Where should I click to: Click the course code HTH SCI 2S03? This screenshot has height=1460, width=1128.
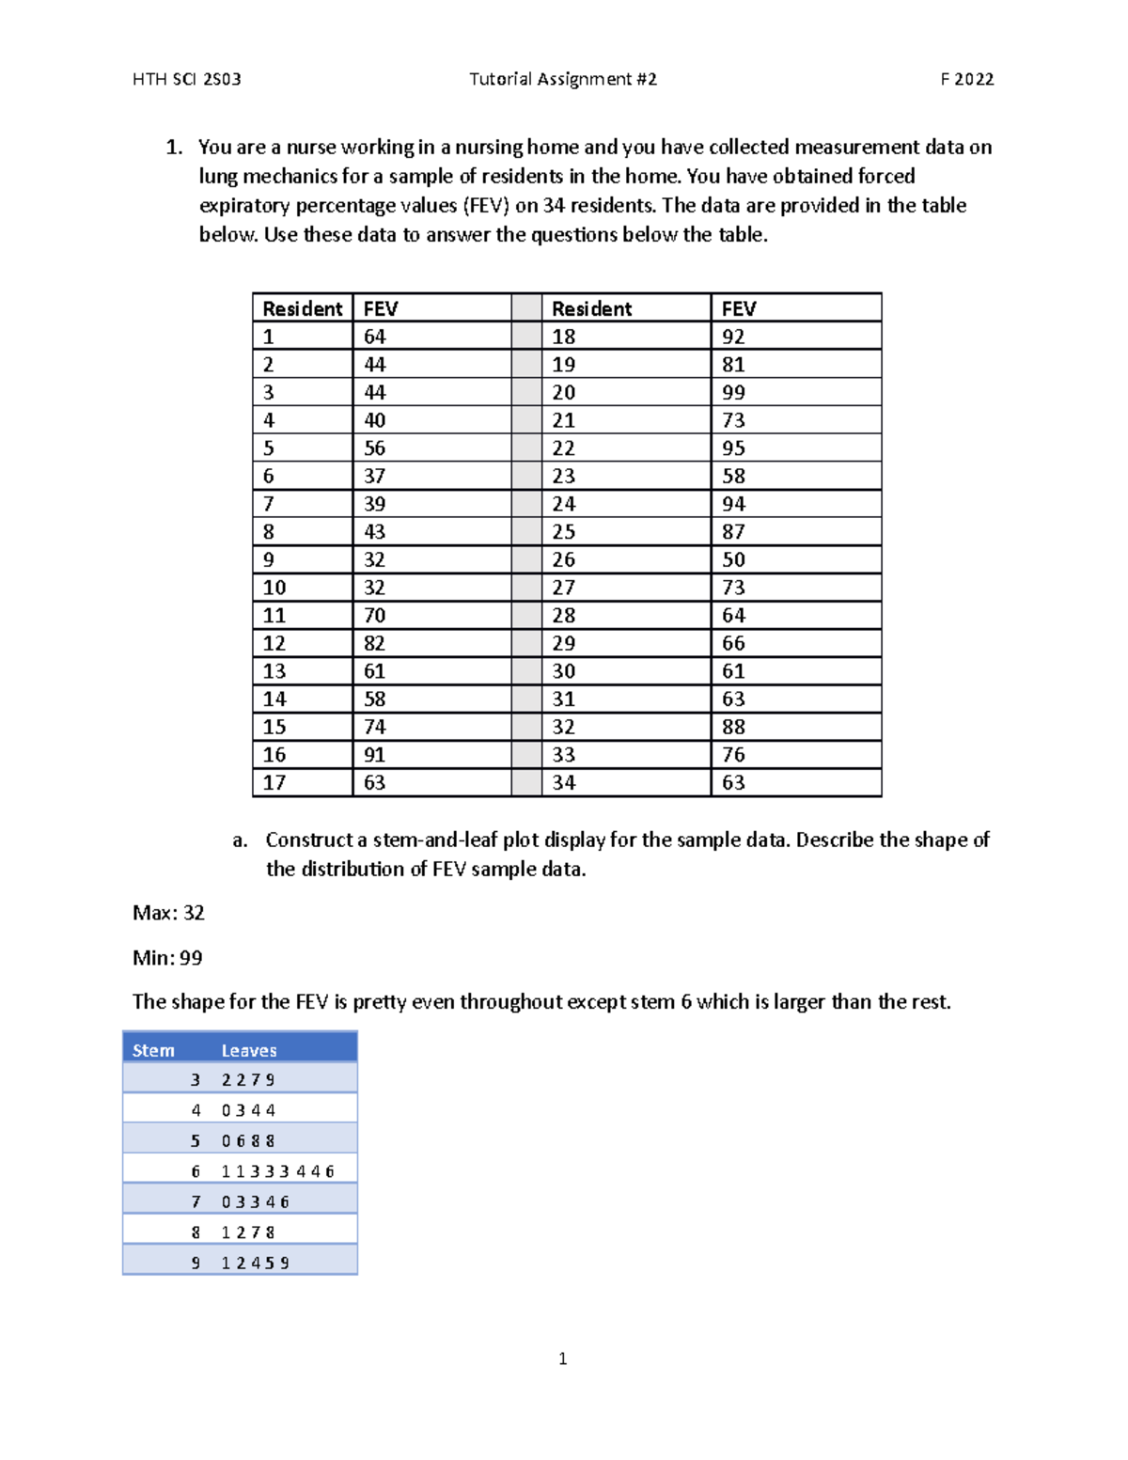[x=187, y=79]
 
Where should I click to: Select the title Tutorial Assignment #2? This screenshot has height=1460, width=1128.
[x=563, y=79]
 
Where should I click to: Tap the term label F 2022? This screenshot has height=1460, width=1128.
[x=966, y=79]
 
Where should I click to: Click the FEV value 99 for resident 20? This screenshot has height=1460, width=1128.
[x=733, y=392]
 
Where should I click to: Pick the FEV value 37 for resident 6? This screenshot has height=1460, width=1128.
[x=374, y=476]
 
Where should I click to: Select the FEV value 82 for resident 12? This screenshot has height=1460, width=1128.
[x=374, y=643]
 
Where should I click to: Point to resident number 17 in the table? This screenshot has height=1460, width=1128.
[x=274, y=782]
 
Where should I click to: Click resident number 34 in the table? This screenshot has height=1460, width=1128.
[x=563, y=782]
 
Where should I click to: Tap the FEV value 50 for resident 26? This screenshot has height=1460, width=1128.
[x=733, y=559]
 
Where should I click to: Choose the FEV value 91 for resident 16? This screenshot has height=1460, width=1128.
[x=374, y=755]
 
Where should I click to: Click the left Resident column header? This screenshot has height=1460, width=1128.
[x=302, y=308]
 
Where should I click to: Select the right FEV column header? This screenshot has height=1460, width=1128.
[x=739, y=308]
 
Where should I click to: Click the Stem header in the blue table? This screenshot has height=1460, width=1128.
[x=153, y=1050]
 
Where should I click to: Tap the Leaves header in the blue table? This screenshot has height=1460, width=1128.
[x=249, y=1050]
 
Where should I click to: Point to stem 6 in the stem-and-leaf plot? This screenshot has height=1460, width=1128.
[x=196, y=1171]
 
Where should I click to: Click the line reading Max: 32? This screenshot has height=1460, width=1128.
[x=168, y=913]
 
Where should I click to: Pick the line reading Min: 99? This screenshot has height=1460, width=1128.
[x=167, y=958]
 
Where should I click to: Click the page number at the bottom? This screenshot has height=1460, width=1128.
[x=562, y=1358]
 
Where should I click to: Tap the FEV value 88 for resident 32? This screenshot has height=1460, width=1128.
[x=733, y=727]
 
